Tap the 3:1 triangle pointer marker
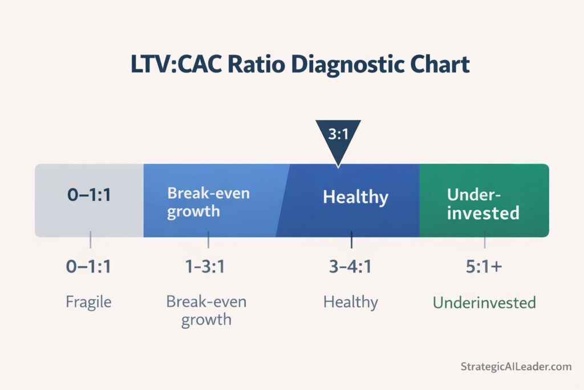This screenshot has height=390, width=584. [338, 138]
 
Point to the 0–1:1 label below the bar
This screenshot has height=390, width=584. [89, 267]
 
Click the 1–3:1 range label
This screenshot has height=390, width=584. [207, 267]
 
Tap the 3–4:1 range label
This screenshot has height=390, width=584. [351, 267]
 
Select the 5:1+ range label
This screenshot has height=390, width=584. [484, 267]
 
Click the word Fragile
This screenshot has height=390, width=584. [89, 301]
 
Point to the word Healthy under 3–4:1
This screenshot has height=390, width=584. [351, 301]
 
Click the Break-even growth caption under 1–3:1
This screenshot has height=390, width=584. [206, 309]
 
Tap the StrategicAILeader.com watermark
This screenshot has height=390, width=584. [516, 367]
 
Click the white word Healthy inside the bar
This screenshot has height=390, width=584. [355, 198]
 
